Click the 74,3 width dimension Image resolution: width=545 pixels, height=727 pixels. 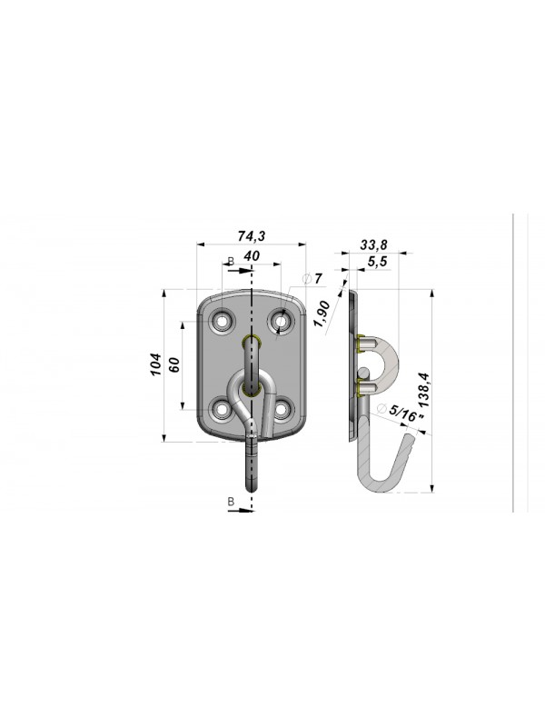point(252,236)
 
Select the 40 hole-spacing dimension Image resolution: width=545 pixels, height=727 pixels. point(252,256)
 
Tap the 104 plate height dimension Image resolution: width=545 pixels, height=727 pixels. point(156,364)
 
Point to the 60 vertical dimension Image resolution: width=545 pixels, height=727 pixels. point(174,364)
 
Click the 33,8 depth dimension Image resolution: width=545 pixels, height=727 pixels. point(373,244)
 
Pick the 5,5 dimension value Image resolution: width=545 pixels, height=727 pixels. point(377,262)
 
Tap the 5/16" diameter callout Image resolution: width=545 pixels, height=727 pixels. point(401,413)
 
